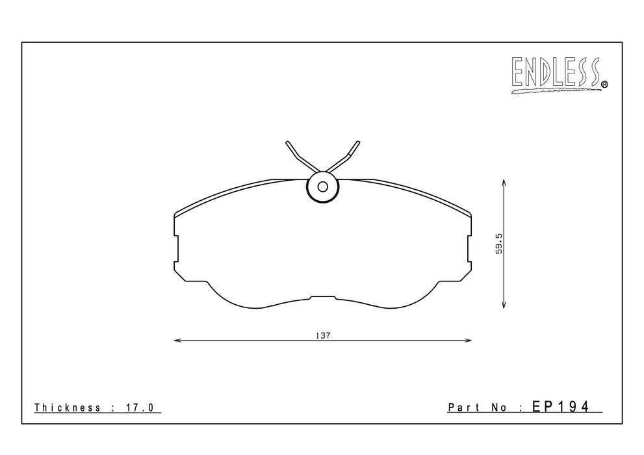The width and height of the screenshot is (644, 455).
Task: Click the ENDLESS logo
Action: [560, 74]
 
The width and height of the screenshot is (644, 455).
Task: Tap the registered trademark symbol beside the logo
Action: [604, 84]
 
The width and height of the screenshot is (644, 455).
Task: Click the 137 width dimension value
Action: [323, 335]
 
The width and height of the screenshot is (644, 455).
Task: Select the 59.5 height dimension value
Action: [499, 244]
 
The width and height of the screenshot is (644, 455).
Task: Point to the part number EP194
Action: [561, 406]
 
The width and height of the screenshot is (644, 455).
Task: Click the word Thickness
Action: [68, 408]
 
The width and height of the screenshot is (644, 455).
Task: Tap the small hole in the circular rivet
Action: [323, 187]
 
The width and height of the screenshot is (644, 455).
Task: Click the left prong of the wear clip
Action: [300, 157]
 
